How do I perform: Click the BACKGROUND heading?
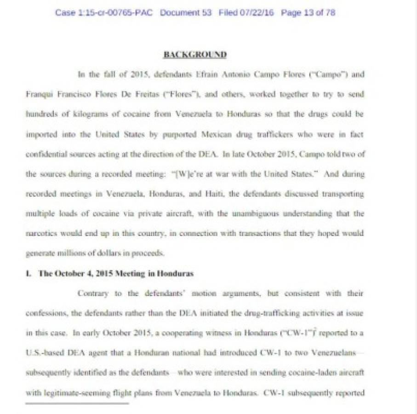coord(195,54)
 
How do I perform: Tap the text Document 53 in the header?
coord(186,12)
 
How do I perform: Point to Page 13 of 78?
coord(308,12)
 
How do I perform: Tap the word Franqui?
coord(38,94)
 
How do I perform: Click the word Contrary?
coord(93,293)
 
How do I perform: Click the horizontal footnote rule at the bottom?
coord(77,403)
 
